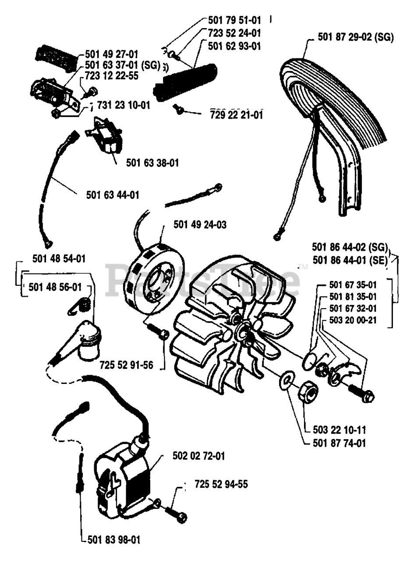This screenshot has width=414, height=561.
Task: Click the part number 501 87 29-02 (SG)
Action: pyautogui.click(x=356, y=37)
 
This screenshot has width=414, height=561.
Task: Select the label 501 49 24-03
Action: pyautogui.click(x=200, y=225)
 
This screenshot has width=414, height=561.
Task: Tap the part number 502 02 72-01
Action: pyautogui.click(x=198, y=456)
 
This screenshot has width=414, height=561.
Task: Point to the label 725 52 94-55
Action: pyautogui.click(x=221, y=484)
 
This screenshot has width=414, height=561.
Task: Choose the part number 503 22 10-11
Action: pyautogui.click(x=340, y=430)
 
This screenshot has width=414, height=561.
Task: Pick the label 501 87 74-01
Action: pyautogui.click(x=340, y=443)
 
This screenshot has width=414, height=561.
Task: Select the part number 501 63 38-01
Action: pyautogui.click(x=152, y=163)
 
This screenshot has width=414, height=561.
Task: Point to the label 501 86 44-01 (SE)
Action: pyautogui.click(x=349, y=260)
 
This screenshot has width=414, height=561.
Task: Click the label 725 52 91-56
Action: pyautogui.click(x=127, y=365)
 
